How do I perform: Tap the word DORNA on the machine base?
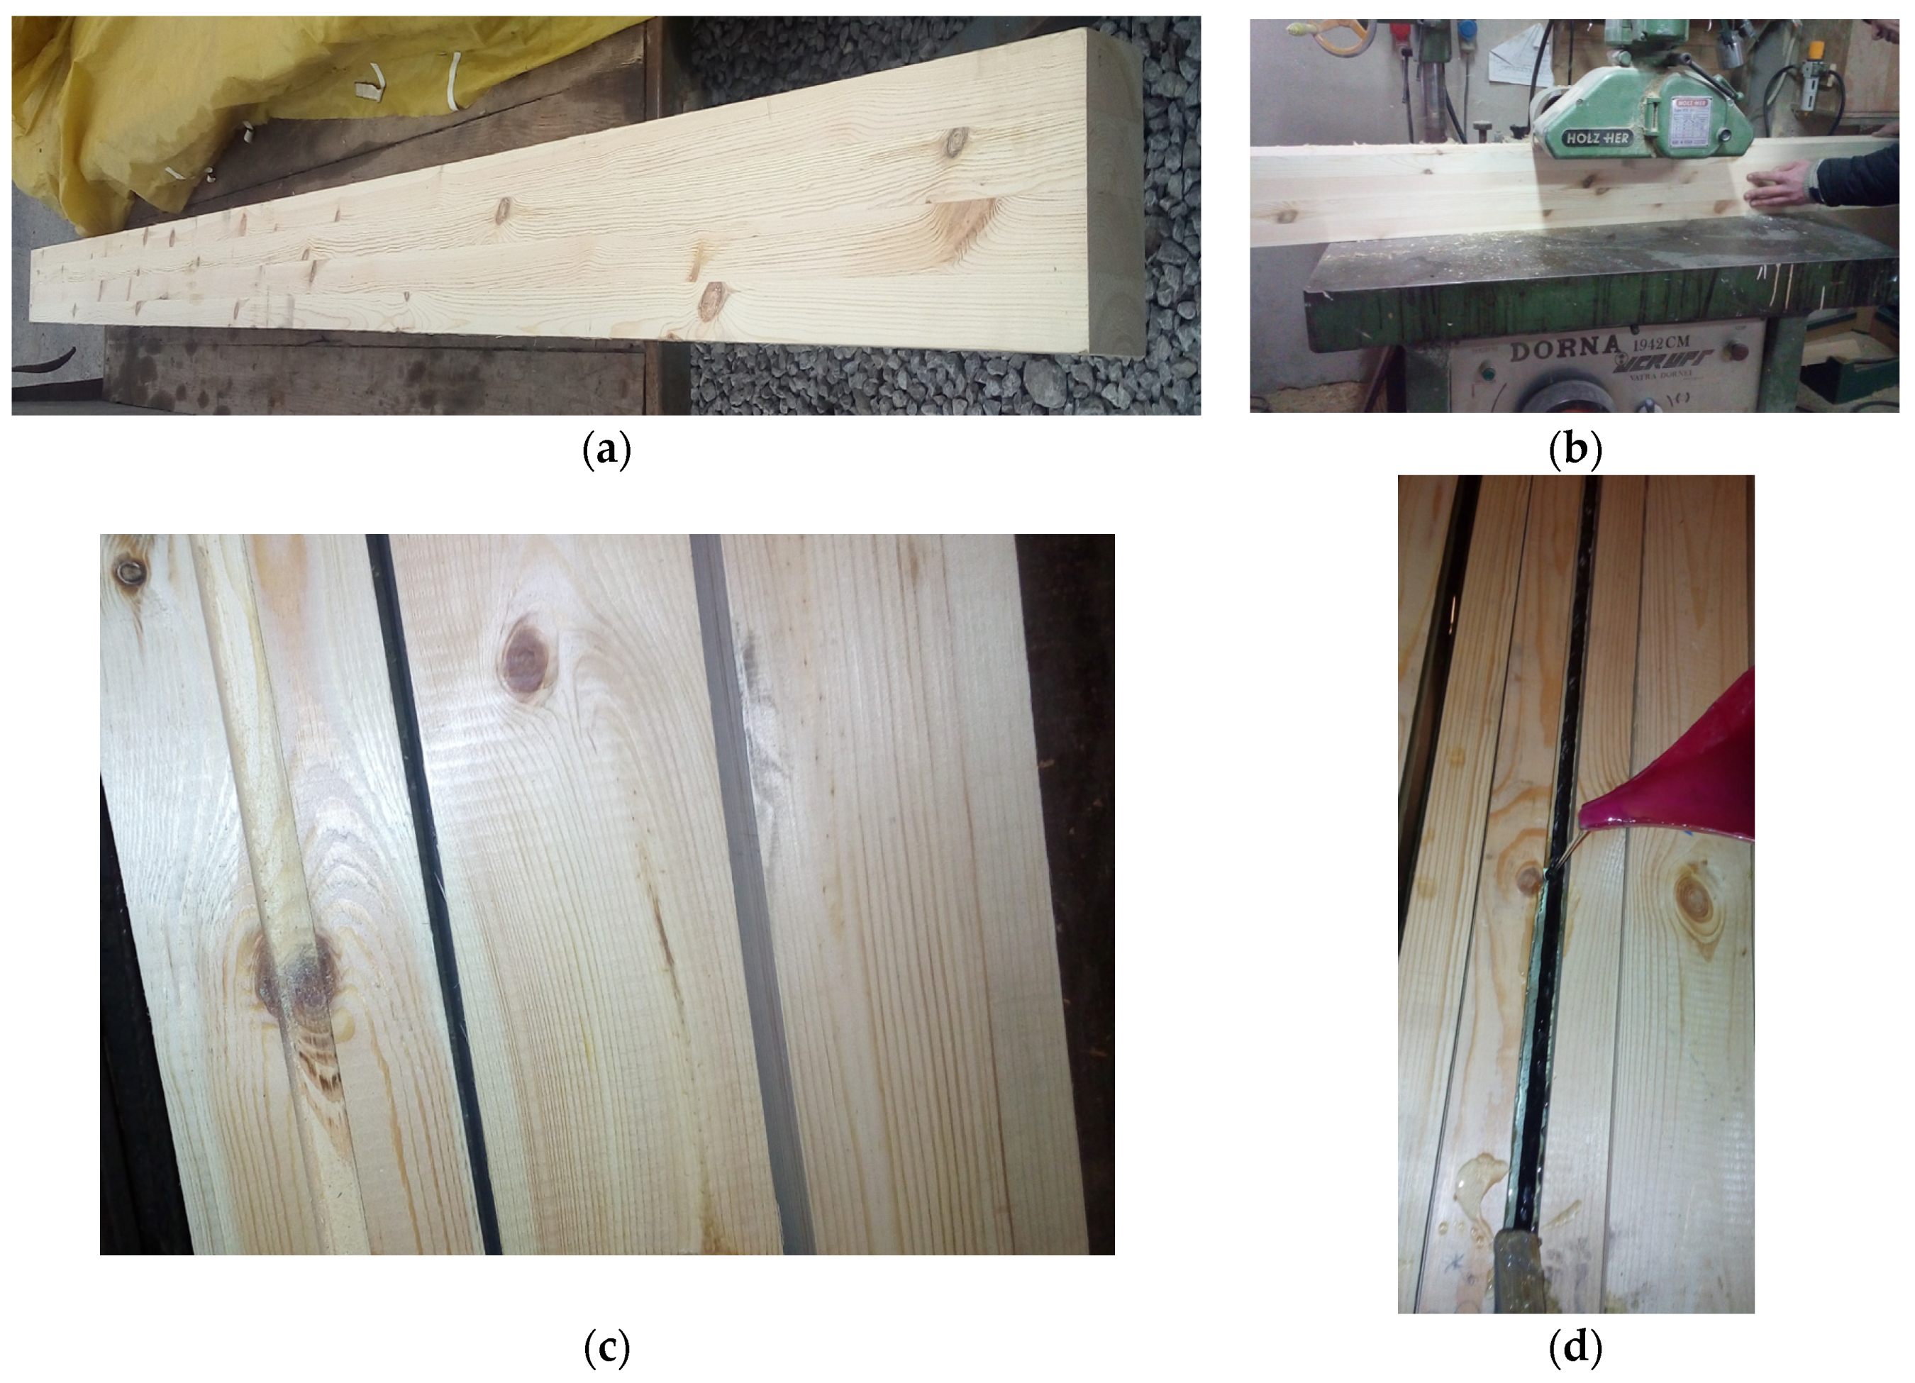[x=1565, y=348]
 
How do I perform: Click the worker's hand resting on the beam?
[x=1773, y=187]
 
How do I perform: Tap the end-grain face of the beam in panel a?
[x=1114, y=194]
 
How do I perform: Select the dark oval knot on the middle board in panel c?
[x=525, y=657]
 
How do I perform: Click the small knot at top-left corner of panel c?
[x=131, y=572]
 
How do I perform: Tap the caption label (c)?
[x=606, y=1349]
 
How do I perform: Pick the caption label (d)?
[x=1575, y=1349]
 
